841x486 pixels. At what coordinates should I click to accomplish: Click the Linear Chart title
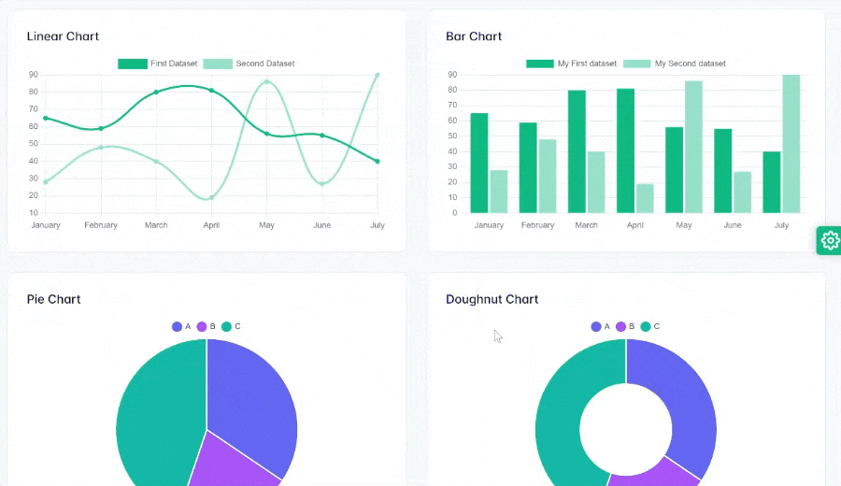coord(63,36)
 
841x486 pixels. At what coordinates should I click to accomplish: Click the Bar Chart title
coord(474,36)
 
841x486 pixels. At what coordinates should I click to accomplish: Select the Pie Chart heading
coord(53,299)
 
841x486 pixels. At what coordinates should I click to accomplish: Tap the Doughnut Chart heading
coord(492,299)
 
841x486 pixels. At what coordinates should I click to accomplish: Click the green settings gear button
coord(829,240)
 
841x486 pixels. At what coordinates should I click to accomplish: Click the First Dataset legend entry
coord(158,64)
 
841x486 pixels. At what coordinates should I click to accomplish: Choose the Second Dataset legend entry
coord(249,64)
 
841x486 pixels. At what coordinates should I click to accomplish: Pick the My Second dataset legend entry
coord(675,64)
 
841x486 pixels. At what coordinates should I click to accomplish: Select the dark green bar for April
coord(625,150)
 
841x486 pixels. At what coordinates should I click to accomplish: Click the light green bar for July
coord(791,144)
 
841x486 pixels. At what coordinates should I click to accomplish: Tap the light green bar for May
coord(693,147)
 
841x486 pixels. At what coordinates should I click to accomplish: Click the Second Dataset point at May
coord(266,81)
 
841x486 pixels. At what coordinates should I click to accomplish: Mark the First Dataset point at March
coord(156,92)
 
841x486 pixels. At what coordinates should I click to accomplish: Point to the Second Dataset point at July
coord(377,75)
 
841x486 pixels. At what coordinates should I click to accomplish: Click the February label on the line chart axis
coord(101,225)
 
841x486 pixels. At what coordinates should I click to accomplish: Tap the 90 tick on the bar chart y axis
coord(452,75)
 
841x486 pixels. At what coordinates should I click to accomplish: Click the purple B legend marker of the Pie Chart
coord(202,326)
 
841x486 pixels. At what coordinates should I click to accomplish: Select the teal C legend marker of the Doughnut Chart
coord(646,326)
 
